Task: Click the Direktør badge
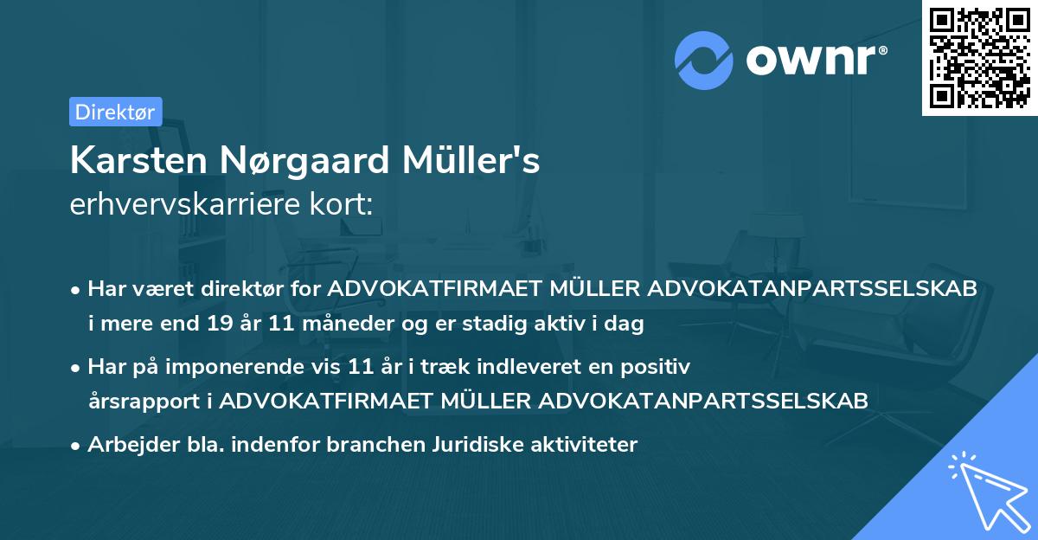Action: coord(115,112)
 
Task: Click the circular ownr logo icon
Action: coord(703,60)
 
